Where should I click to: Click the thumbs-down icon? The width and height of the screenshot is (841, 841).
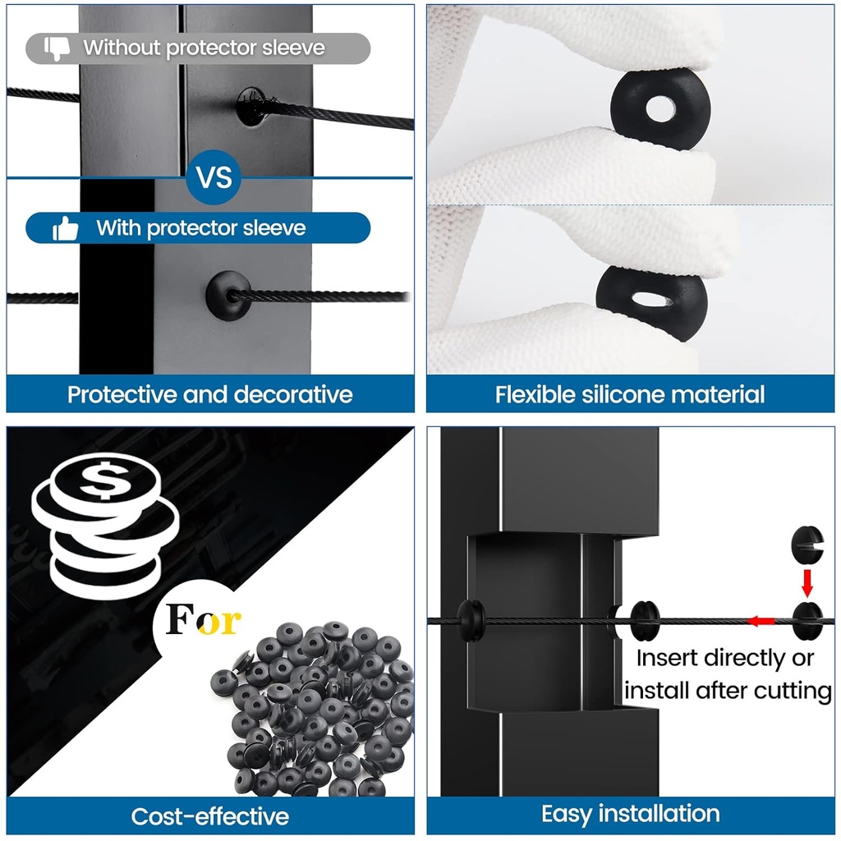coord(57,48)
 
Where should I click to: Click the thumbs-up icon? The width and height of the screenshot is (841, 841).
coord(66,228)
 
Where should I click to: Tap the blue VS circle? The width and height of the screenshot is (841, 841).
coord(214,177)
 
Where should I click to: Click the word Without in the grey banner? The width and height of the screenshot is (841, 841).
coord(122,48)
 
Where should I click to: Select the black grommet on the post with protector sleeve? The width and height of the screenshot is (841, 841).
coord(228,296)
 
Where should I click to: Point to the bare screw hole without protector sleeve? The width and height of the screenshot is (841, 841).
coord(251,107)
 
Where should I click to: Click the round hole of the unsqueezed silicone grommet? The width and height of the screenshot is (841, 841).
coord(660,108)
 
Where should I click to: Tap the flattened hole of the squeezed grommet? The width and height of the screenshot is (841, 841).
coord(652,299)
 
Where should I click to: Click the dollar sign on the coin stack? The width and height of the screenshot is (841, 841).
coord(106,479)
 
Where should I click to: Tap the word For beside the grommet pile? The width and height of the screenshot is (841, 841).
coord(203,620)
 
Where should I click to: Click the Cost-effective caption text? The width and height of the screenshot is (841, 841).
coord(209,816)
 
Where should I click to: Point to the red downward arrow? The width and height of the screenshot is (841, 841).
coord(807,582)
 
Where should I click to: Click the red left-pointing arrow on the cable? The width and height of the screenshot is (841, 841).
coord(761,622)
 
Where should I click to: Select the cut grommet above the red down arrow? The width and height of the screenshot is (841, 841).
coord(807,545)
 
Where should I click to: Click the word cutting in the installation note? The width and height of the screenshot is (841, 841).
coord(793,691)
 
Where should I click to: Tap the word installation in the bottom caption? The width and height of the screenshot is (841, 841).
coord(659,814)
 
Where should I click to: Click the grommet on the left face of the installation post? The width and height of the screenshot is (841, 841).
coord(471,621)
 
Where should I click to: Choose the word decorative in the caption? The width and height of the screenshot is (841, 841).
coord(293,394)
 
